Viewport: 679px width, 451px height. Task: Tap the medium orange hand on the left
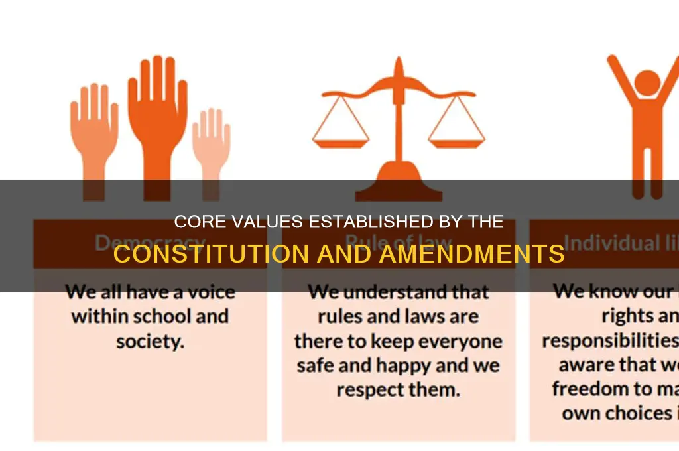pos(93,129)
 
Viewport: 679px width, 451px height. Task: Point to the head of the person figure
pos(647,82)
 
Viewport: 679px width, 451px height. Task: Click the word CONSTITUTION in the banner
pos(201,255)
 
